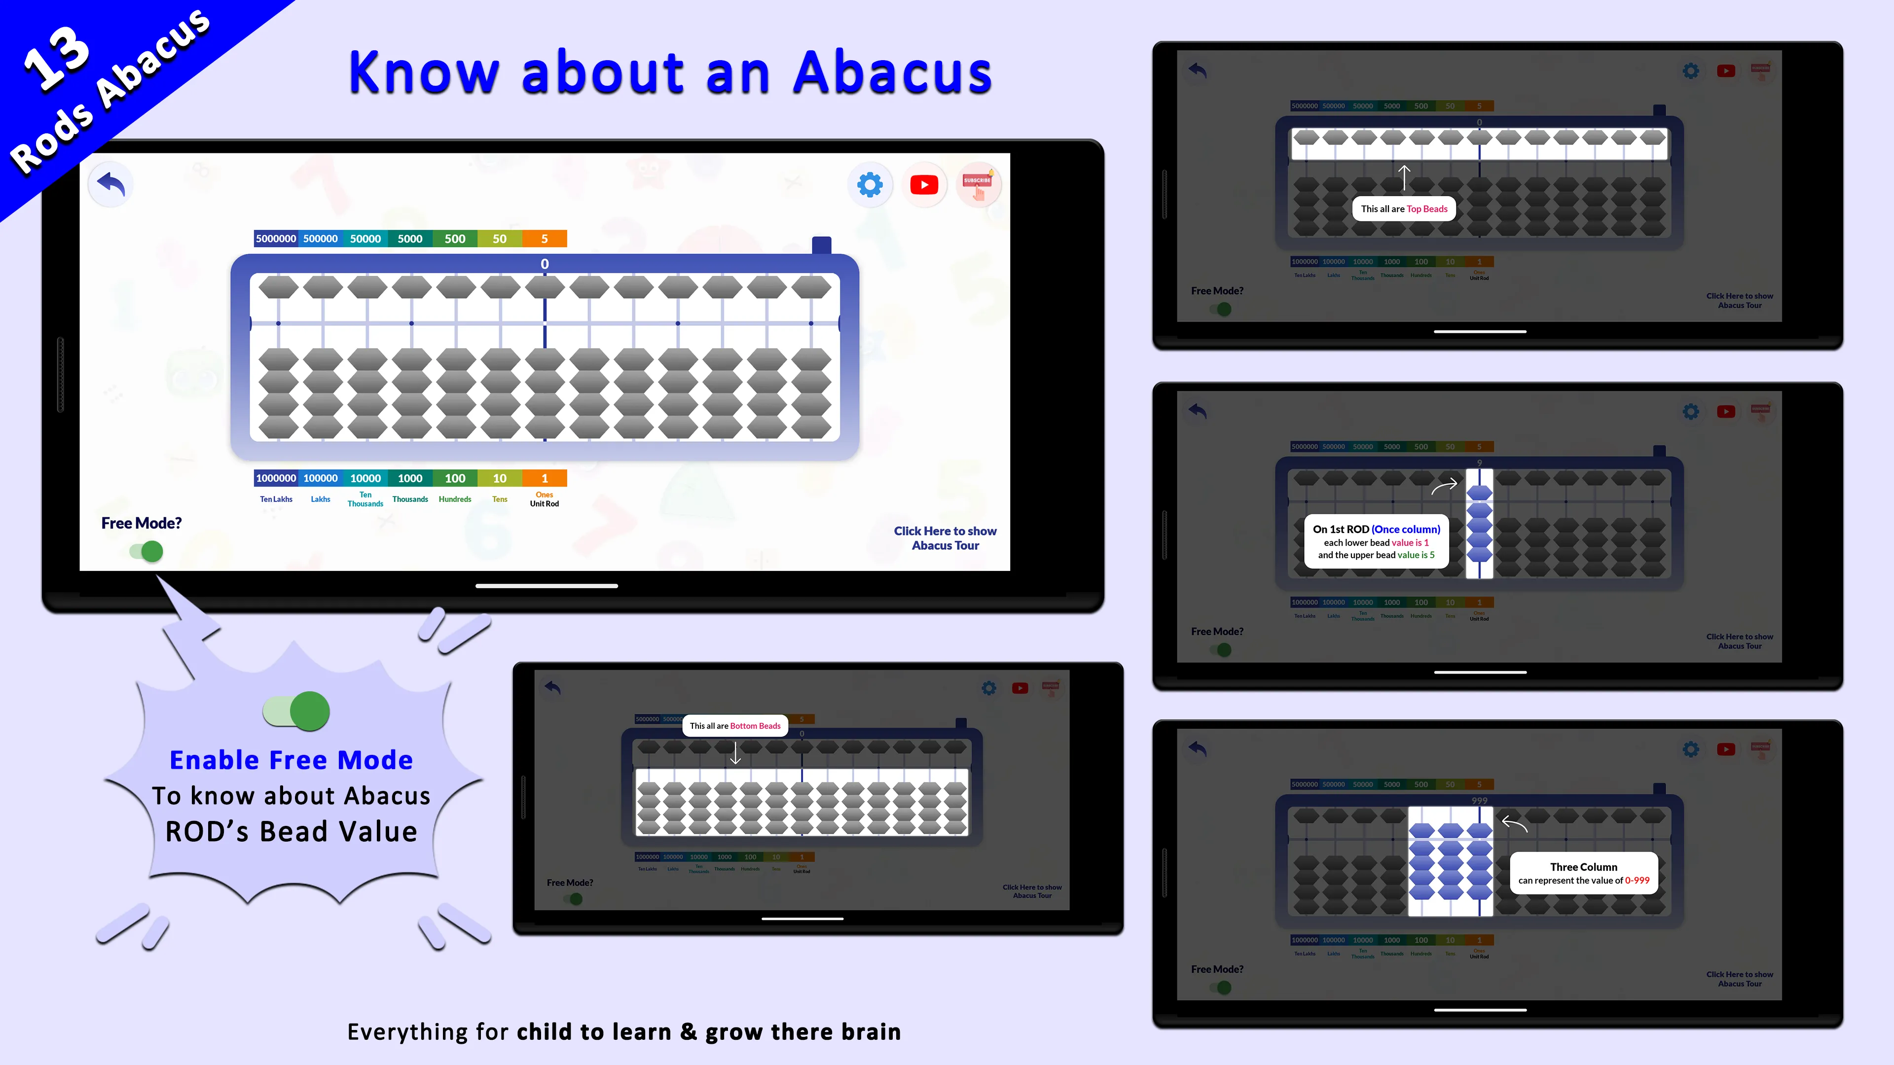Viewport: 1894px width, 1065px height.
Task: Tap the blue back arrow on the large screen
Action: coord(111,184)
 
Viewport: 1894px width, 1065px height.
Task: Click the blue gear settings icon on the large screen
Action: coord(870,184)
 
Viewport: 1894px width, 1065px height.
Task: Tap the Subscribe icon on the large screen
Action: coord(978,184)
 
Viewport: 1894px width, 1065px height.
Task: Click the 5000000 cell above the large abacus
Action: coord(276,239)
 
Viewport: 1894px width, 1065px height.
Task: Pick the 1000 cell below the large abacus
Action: coord(410,478)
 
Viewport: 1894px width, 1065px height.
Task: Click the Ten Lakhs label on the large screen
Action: coord(276,499)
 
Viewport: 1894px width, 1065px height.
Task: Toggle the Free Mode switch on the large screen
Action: coord(147,551)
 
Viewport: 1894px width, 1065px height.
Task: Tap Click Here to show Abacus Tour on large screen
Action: coord(945,538)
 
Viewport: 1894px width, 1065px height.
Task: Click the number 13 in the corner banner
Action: coord(57,59)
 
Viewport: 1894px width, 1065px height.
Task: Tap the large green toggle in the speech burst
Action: coord(297,710)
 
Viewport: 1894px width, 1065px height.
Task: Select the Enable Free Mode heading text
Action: coord(291,760)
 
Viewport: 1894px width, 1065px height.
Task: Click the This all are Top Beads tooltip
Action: coord(1404,209)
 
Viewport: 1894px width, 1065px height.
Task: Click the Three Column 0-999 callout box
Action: coord(1584,873)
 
